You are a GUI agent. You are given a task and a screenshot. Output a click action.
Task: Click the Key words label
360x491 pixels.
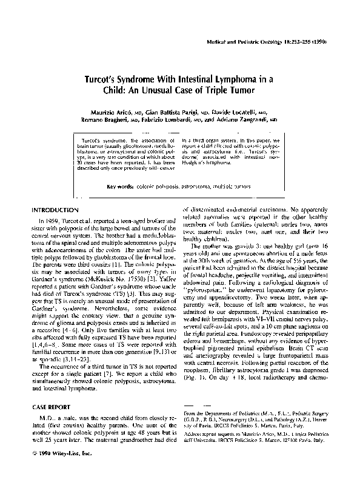[120, 169]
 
